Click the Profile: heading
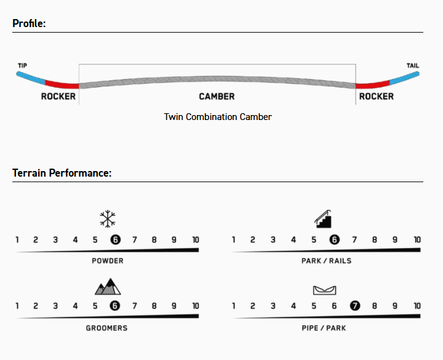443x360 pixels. tap(29, 24)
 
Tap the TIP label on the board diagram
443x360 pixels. tap(23, 66)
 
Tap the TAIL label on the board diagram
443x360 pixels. tap(413, 66)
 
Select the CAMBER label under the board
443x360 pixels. tap(217, 97)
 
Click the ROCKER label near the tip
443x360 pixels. tap(58, 97)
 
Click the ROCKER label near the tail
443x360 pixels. tap(377, 97)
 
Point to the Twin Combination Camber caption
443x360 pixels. tap(218, 116)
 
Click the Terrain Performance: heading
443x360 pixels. tap(62, 173)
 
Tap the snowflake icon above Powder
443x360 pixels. tap(108, 218)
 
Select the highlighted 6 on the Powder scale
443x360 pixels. tap(115, 240)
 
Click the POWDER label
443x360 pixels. tap(108, 261)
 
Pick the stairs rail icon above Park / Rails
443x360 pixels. tap(324, 218)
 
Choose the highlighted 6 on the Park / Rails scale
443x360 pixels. tap(334, 240)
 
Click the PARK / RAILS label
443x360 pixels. tap(327, 261)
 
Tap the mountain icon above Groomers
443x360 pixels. tap(108, 286)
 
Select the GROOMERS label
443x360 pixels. tap(106, 328)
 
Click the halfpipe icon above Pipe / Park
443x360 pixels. tap(324, 290)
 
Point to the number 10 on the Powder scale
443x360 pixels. tap(196, 240)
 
